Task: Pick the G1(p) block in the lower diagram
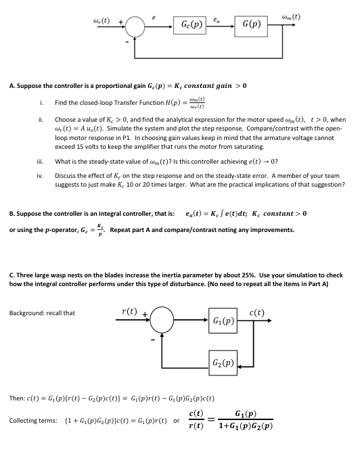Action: click(x=224, y=320)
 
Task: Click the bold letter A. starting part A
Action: click(x=12, y=86)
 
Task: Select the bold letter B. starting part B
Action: click(x=12, y=214)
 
